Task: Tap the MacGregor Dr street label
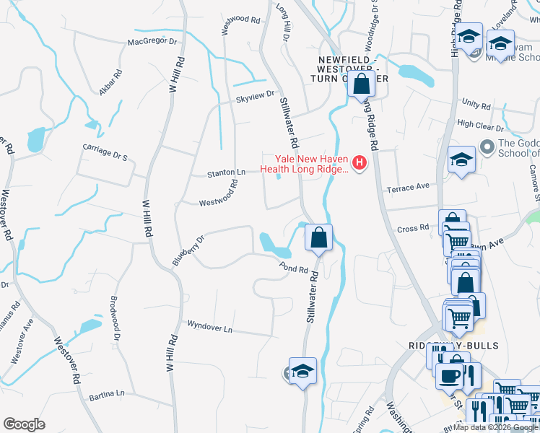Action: [x=152, y=42]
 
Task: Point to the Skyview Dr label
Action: [x=255, y=94]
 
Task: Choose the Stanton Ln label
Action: [x=227, y=172]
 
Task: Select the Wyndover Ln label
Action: [x=209, y=327]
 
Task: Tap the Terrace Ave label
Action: [x=408, y=187]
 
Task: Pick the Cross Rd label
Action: [x=413, y=229]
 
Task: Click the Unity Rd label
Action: [x=476, y=105]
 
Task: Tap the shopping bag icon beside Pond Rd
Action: [x=318, y=237]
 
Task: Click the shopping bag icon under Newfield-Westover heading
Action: [x=361, y=84]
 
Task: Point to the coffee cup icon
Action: [x=450, y=376]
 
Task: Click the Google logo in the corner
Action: [x=24, y=424]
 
